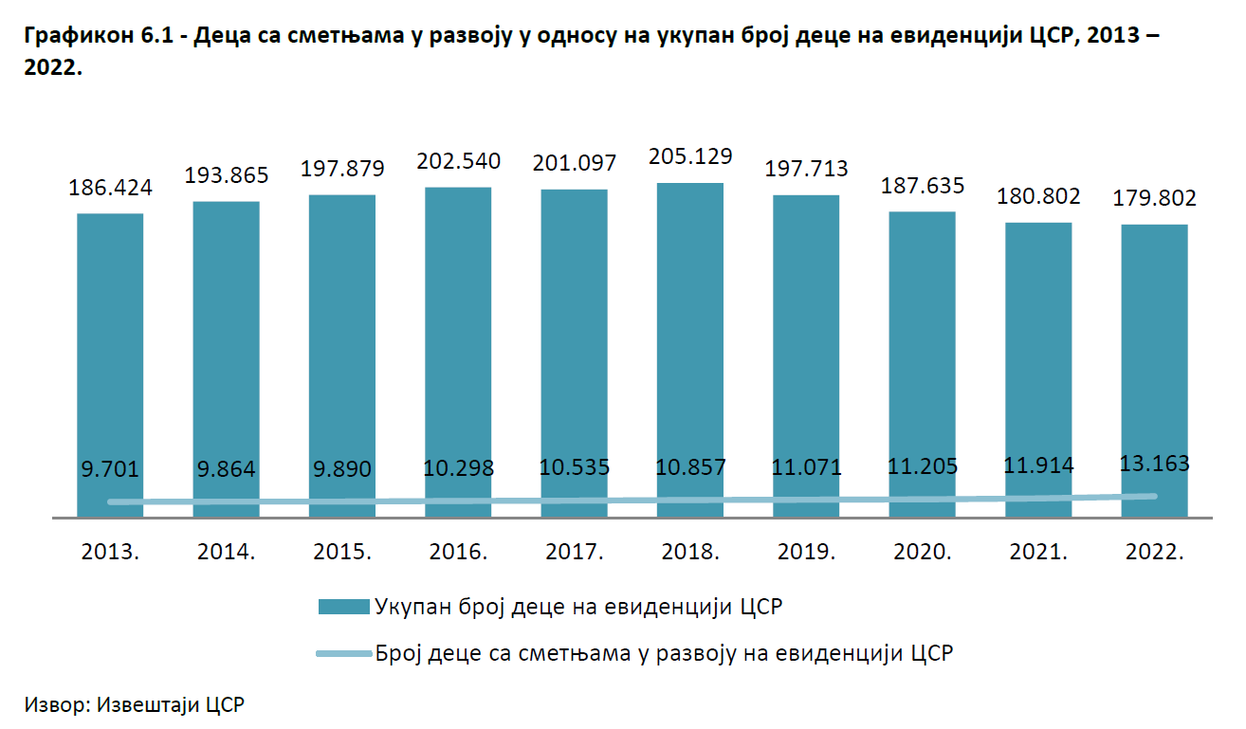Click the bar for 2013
click(110, 360)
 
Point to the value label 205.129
click(690, 156)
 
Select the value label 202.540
click(458, 161)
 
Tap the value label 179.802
click(1154, 199)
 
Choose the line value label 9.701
click(110, 468)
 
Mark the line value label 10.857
click(690, 466)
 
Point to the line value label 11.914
click(1038, 465)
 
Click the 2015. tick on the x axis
click(342, 553)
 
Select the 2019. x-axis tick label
click(806, 553)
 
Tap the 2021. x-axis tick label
click(1038, 553)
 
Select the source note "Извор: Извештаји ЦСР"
click(135, 705)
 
